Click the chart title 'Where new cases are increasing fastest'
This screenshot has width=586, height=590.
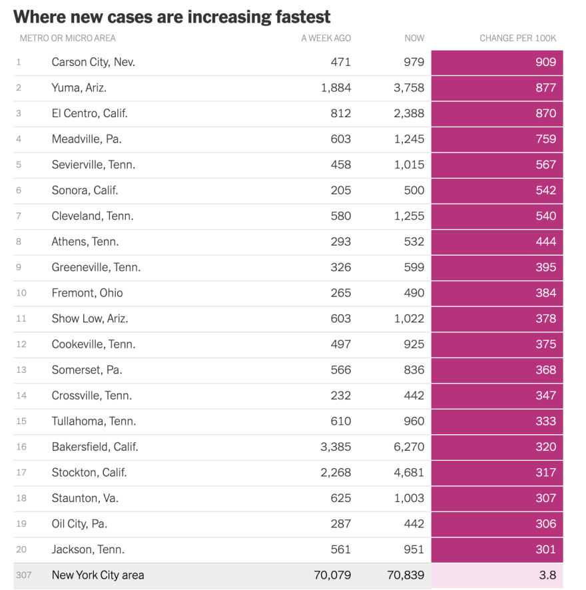pyautogui.click(x=172, y=16)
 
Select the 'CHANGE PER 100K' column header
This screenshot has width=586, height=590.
pyautogui.click(x=517, y=38)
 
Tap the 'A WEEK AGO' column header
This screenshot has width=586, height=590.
pyautogui.click(x=326, y=38)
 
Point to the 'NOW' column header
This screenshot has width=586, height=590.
pyautogui.click(x=414, y=38)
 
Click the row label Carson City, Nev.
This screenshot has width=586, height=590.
pyautogui.click(x=93, y=62)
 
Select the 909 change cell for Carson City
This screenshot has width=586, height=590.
pyautogui.click(x=545, y=62)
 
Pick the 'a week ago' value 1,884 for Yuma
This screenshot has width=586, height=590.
pyautogui.click(x=336, y=88)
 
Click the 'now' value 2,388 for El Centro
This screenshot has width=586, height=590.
pyautogui.click(x=408, y=113)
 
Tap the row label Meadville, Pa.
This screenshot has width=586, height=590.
pyautogui.click(x=87, y=139)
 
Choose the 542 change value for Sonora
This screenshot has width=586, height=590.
pyautogui.click(x=545, y=190)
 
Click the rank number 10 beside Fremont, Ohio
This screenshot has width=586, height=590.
pyautogui.click(x=21, y=293)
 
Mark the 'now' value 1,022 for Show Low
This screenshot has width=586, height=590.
pyautogui.click(x=408, y=318)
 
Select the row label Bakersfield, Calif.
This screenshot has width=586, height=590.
pyautogui.click(x=95, y=447)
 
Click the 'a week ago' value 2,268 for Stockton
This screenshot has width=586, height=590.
pyautogui.click(x=336, y=472)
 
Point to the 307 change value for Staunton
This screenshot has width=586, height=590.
pyautogui.click(x=545, y=498)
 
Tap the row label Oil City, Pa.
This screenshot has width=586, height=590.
pyautogui.click(x=79, y=523)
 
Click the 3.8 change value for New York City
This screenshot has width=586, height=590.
pyautogui.click(x=547, y=575)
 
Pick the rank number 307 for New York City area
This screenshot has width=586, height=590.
pyautogui.click(x=23, y=575)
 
